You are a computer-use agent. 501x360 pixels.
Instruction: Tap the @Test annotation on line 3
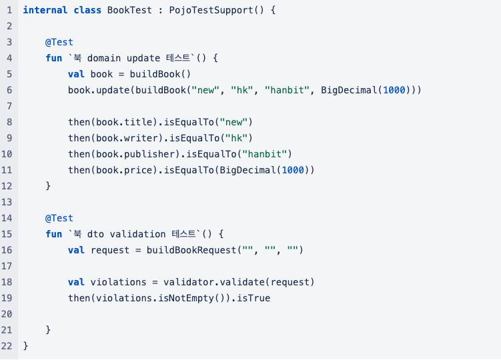(59, 42)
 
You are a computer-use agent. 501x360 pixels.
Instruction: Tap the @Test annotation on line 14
(59, 218)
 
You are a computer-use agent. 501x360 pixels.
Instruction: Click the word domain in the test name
(104, 58)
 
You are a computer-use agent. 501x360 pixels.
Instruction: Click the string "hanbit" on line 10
(270, 154)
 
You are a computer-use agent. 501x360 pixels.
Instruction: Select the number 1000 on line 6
(394, 90)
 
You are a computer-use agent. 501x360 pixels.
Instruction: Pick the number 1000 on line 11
(293, 170)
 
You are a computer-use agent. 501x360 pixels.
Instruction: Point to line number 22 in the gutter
(7, 346)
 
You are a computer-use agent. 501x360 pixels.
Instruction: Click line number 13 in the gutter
(7, 202)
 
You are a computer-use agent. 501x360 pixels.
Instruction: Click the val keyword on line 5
(76, 74)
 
